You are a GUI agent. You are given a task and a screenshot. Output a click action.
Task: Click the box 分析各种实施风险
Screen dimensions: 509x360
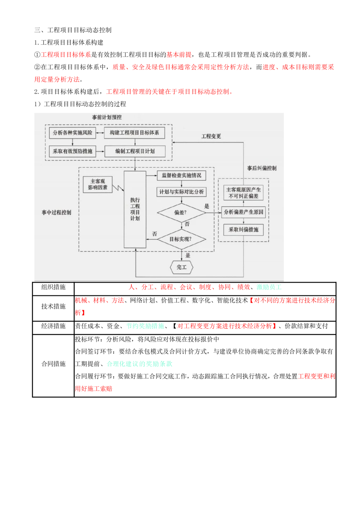[72, 132]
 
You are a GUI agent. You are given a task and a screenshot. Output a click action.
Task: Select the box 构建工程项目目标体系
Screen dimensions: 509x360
[134, 132]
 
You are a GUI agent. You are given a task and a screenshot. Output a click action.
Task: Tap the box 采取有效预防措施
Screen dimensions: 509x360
[72, 151]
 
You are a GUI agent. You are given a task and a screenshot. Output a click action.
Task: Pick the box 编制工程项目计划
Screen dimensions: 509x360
[135, 151]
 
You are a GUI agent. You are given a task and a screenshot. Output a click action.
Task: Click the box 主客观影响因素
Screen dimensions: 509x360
[98, 184]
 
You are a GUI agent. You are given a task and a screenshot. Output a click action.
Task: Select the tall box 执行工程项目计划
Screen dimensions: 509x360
[135, 209]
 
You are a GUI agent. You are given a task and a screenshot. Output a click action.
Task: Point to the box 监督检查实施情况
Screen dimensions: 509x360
[181, 175]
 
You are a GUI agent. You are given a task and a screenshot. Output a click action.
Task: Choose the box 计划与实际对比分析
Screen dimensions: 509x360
[181, 192]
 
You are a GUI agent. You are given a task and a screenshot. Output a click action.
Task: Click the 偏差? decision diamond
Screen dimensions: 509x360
[181, 212]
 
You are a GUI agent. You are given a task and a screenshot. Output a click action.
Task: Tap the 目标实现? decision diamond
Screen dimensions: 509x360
[181, 239]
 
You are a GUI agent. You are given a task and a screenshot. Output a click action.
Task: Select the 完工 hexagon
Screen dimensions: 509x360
[181, 267]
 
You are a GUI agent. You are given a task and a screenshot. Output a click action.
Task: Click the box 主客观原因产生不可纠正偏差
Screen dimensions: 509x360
[243, 193]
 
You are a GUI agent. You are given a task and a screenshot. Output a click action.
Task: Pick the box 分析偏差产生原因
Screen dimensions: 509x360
[243, 212]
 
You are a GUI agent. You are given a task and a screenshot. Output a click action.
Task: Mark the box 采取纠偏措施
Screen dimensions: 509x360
[243, 229]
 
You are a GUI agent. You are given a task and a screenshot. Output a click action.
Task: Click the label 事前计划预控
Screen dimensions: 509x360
[107, 117]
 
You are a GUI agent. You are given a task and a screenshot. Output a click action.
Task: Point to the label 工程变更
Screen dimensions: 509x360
[211, 136]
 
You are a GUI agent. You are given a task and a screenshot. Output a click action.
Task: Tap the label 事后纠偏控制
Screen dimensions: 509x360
[262, 168]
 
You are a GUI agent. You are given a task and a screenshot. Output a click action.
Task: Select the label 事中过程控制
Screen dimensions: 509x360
[57, 212]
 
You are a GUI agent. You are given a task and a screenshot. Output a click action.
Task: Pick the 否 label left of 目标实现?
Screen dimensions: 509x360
[154, 234]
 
